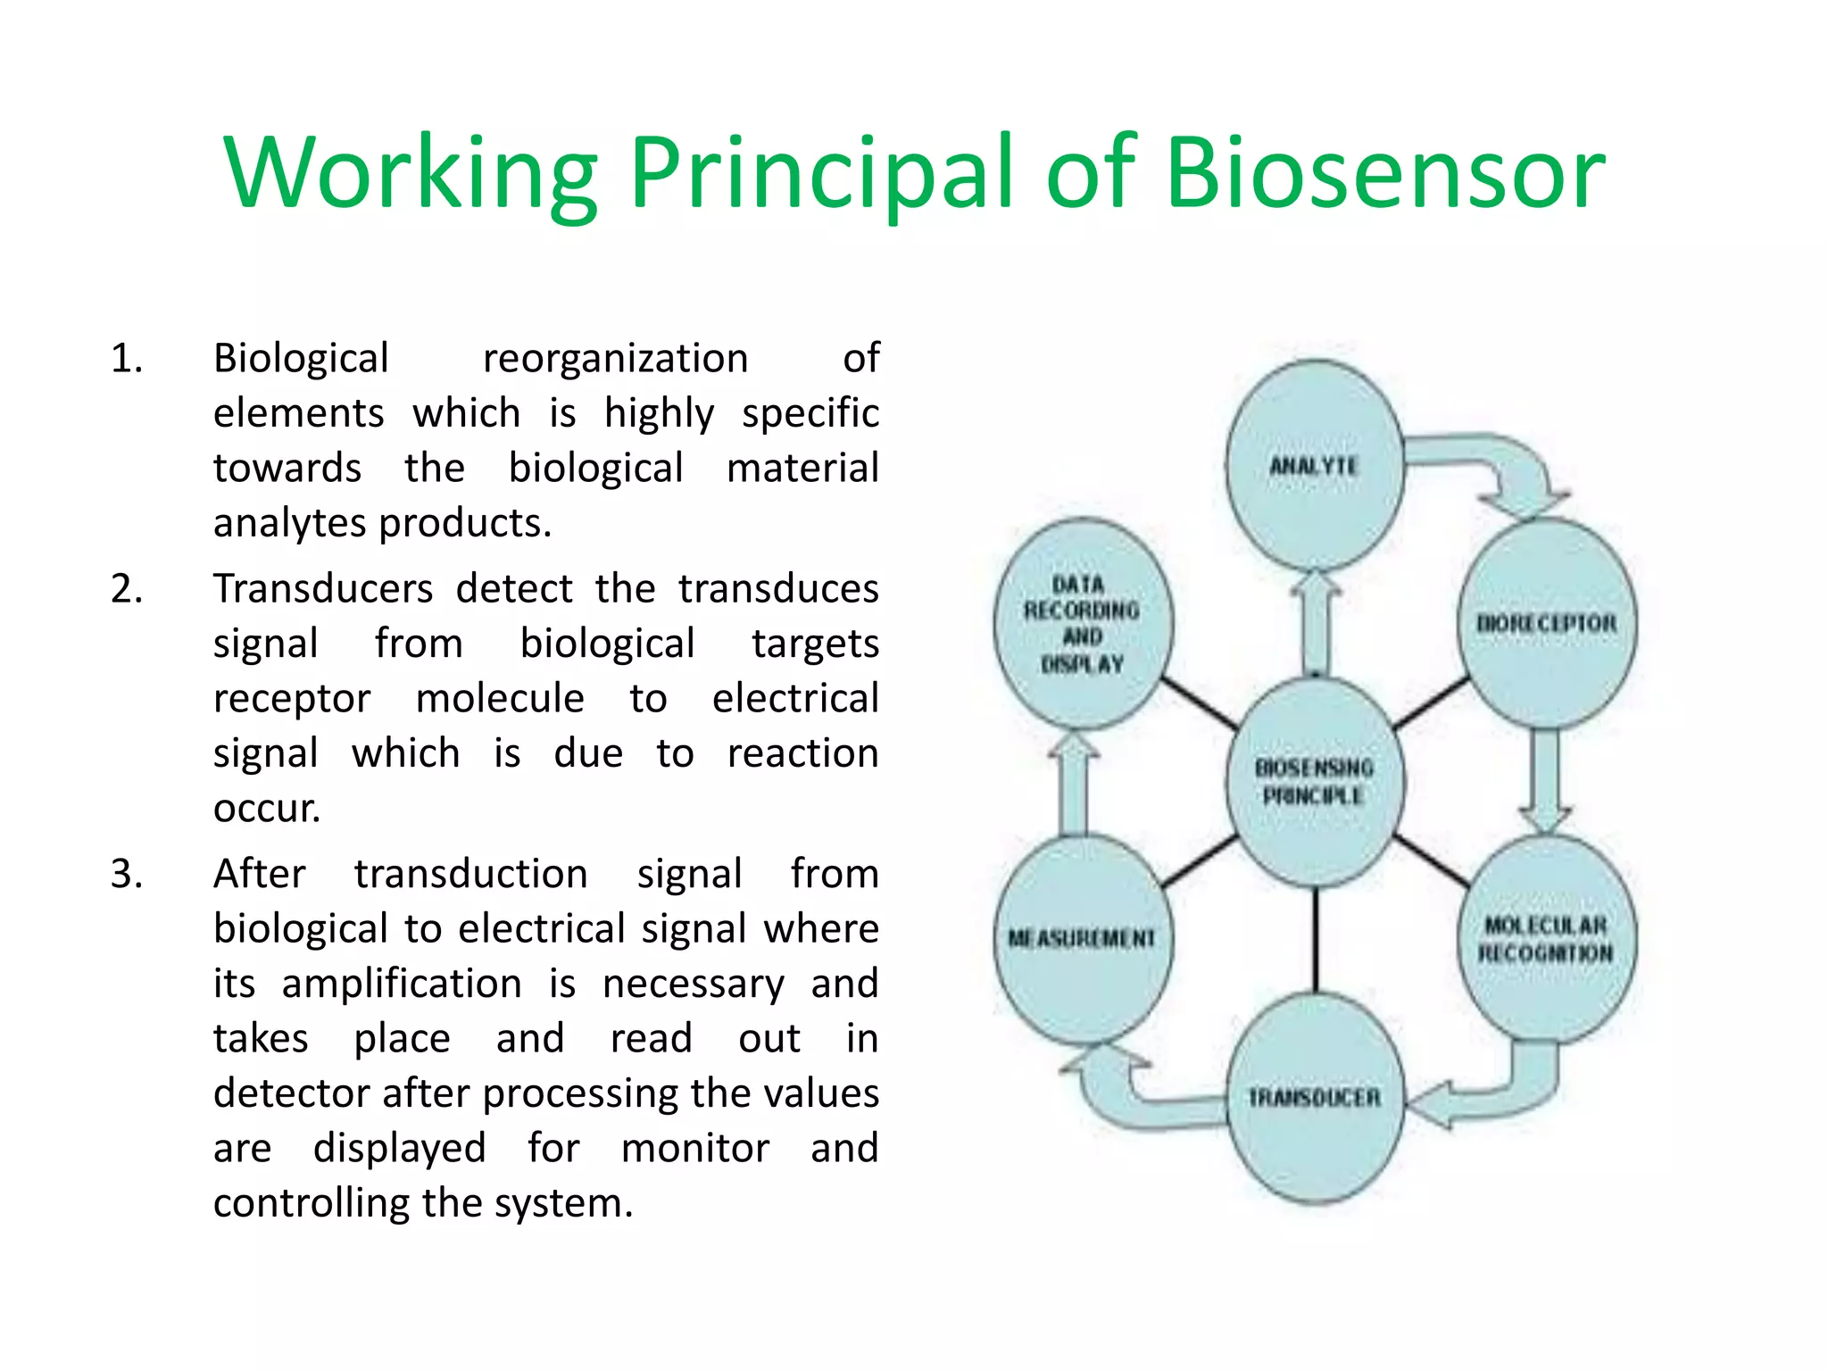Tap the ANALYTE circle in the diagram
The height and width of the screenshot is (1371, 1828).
point(1314,465)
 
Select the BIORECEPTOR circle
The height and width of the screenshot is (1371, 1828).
point(1547,623)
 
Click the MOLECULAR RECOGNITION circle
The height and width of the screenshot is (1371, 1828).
point(1547,939)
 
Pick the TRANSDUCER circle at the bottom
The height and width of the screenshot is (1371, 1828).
point(1314,1097)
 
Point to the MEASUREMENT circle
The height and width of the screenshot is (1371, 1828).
point(1082,939)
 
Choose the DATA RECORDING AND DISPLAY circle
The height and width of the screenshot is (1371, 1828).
point(1082,623)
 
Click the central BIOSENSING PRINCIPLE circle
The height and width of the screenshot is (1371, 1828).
point(1314,781)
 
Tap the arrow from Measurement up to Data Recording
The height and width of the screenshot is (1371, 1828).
point(1074,785)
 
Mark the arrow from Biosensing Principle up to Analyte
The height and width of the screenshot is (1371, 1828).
point(1316,625)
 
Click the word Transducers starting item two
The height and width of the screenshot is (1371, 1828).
point(323,589)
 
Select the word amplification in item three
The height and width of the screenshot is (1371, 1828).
point(402,984)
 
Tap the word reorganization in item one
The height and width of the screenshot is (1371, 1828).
point(615,359)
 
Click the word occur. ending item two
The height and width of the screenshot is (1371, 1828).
point(266,809)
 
